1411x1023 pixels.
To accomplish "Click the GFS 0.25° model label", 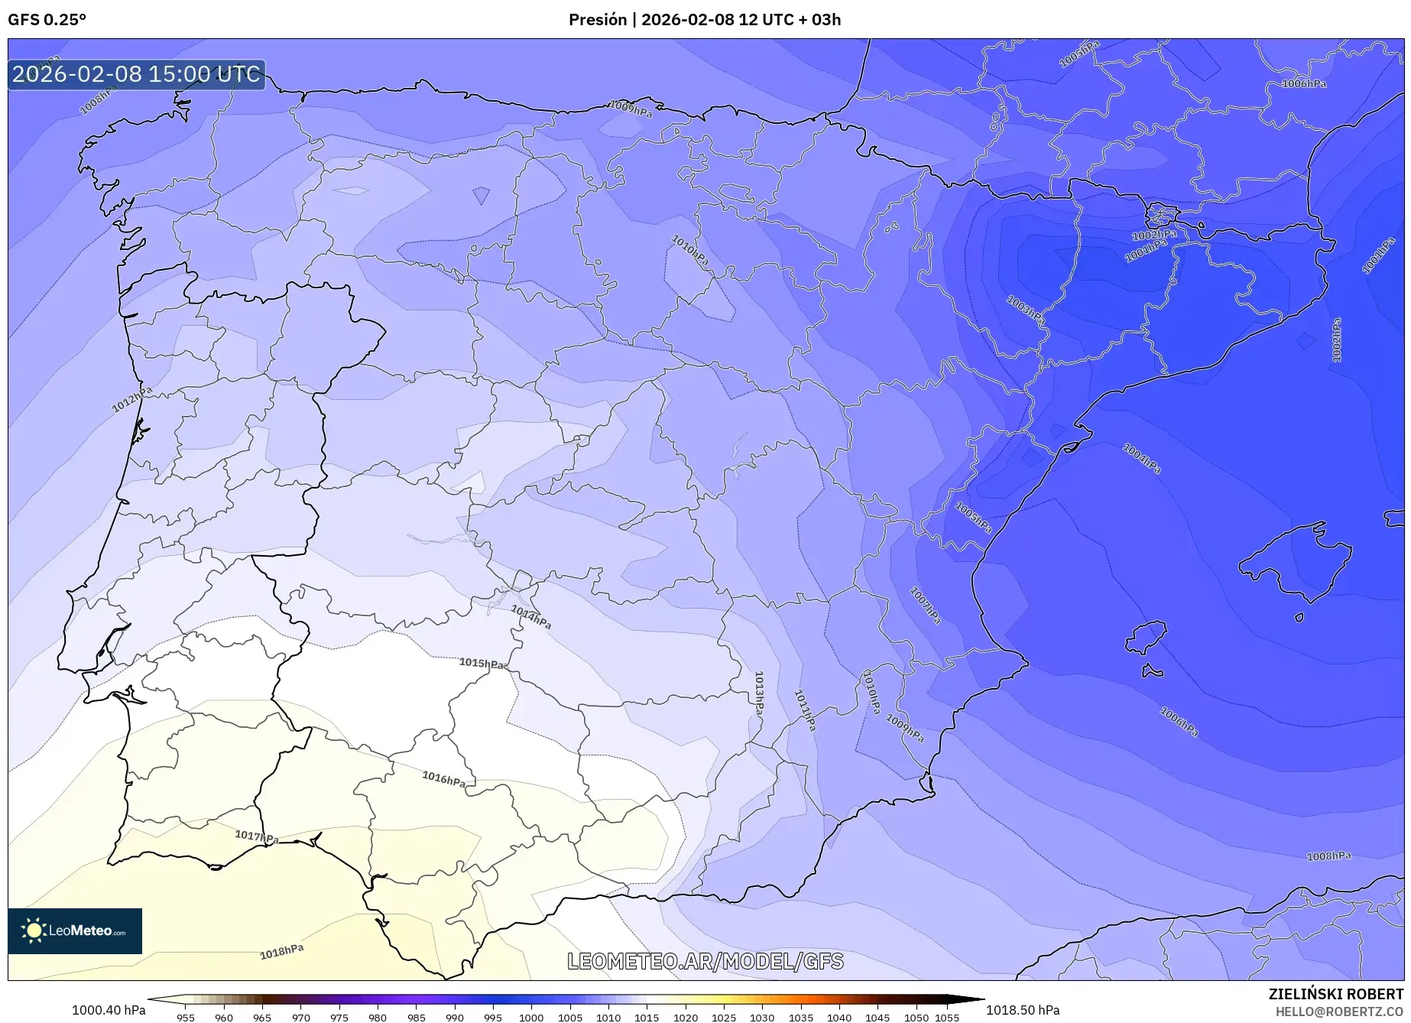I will coord(47,20).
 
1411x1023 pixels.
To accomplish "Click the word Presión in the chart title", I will coord(597,20).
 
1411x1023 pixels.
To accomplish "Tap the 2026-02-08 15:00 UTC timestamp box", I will coord(137,74).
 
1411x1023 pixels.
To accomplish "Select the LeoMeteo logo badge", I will coord(75,930).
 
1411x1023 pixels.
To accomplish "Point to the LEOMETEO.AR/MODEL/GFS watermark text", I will coord(705,961).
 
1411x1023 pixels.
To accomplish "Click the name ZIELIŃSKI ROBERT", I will coord(1335,994).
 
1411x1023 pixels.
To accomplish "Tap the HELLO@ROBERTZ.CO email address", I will coord(1339,1012).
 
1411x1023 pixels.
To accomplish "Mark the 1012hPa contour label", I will coord(132,399).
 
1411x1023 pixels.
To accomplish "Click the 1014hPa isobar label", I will coord(531,616).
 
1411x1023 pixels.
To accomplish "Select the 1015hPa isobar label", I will coord(482,663).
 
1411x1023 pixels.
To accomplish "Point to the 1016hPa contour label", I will coord(444,779).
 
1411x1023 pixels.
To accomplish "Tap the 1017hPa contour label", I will coord(257,836).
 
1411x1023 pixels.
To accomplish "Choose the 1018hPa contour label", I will coord(282,952).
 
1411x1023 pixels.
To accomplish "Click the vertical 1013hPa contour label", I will coord(759,693).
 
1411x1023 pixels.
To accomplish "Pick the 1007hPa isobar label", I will coord(925,605).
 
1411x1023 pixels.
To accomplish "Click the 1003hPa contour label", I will coord(1026,308).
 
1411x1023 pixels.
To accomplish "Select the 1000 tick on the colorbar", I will coord(531,1017).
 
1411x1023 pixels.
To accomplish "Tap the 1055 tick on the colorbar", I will coord(946,1017).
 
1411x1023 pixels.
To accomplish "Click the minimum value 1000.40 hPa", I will coord(109,1010).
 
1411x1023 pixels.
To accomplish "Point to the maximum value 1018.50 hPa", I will coord(1023,1010).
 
